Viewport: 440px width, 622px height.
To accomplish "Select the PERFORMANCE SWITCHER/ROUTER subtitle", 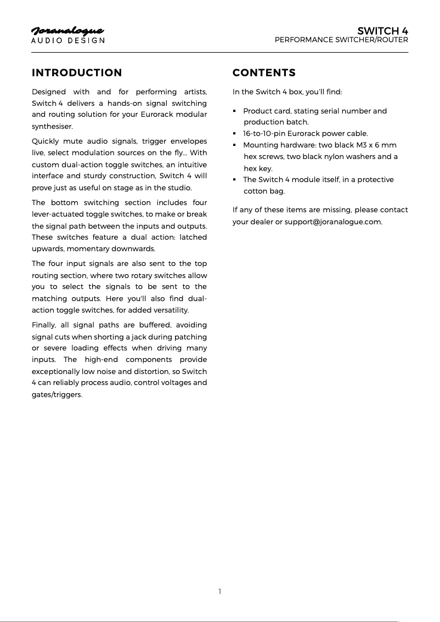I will [x=341, y=40].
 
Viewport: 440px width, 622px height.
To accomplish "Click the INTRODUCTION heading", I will [x=77, y=73].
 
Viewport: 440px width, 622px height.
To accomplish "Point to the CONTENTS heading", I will [x=264, y=73].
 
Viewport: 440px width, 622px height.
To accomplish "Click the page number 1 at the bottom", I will [x=219, y=591].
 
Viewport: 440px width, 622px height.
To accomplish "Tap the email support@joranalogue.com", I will [x=332, y=222].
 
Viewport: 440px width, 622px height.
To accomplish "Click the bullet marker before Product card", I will [x=235, y=111].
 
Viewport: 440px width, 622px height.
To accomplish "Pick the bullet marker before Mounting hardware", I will [x=235, y=145].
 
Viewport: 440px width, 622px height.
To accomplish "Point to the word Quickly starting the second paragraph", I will [x=47, y=142].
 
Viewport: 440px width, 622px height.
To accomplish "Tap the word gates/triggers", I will [x=57, y=394].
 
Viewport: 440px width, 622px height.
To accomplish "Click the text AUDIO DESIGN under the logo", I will [x=67, y=41].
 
